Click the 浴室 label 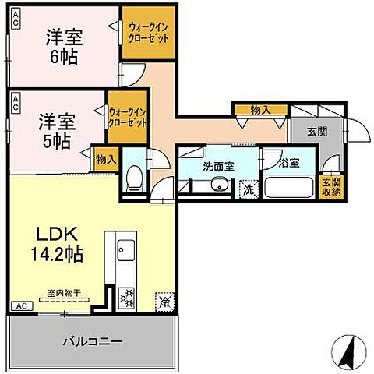(x=289, y=164)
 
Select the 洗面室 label (x=218, y=165)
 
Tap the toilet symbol (x=134, y=178)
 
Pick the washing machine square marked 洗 (x=248, y=188)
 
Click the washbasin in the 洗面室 (x=219, y=185)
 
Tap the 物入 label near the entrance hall (x=259, y=111)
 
